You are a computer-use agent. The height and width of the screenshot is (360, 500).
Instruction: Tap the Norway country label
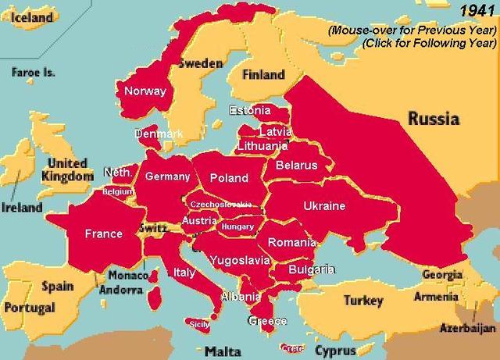pos(145,91)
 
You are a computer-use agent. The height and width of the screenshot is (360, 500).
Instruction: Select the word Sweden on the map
pos(201,63)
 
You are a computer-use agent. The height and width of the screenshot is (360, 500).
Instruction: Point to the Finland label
pos(263,75)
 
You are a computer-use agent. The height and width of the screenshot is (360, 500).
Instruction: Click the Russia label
pos(432,119)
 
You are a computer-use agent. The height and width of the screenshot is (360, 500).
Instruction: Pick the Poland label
pos(229,178)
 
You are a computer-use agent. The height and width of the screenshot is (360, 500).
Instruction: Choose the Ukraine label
pos(323,206)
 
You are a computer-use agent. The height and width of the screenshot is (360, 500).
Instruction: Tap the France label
pos(104,233)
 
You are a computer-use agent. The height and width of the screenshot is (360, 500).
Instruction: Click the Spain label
pos(57,286)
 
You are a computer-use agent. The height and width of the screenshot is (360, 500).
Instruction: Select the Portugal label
pos(29,308)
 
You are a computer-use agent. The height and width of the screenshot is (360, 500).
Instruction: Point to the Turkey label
pos(363,301)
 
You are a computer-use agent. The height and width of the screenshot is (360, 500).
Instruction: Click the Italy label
pos(184,273)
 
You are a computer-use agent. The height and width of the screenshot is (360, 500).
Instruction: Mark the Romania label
pos(290,244)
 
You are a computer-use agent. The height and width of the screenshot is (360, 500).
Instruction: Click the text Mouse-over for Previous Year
pos(412,30)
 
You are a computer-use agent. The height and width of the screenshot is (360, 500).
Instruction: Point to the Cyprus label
pos(337,351)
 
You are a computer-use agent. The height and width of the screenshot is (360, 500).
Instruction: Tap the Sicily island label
pos(200,323)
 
